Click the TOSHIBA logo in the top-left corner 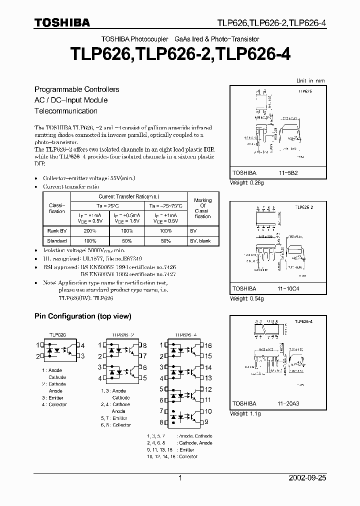[62, 22]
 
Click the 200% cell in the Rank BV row [90, 231]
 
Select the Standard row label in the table [56, 240]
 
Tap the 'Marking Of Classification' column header [202, 208]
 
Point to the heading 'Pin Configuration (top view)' [82, 316]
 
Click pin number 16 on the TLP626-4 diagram [208, 345]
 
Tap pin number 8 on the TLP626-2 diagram [144, 345]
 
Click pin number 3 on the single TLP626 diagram [82, 356]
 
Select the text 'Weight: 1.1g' [245, 413]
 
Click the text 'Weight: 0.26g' [247, 183]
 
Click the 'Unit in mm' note [310, 80]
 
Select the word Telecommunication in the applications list [66, 111]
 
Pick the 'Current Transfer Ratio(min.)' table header [129, 196]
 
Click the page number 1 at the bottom [180, 478]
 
